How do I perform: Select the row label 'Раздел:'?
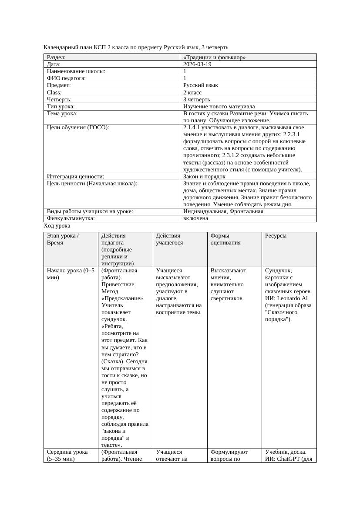(56, 57)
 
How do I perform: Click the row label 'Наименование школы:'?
(76, 71)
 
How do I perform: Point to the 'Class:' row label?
(54, 92)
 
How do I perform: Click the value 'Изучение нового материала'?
(219, 106)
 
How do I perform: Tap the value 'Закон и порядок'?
(204, 177)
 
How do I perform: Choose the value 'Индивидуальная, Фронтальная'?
(223, 211)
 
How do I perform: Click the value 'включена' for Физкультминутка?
(195, 218)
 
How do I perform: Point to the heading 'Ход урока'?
(57, 226)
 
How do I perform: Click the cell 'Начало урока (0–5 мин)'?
(70, 274)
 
